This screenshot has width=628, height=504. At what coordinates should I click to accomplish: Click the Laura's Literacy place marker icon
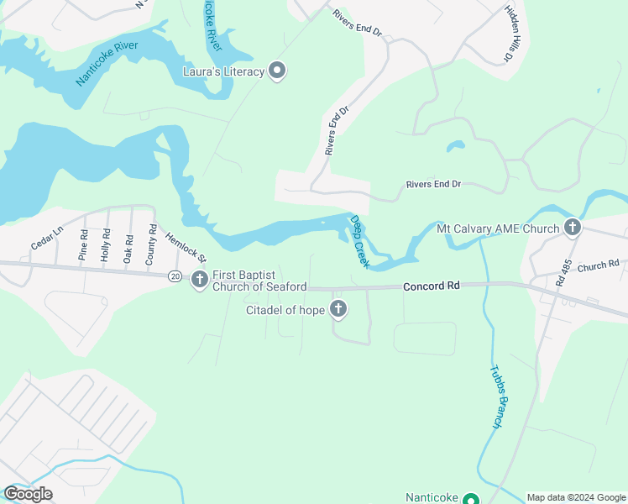coord(278,71)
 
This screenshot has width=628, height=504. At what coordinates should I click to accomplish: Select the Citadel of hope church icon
coord(338,310)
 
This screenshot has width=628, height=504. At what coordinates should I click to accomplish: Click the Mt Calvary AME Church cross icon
coord(573,227)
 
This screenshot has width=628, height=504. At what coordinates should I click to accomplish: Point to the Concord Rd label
coord(432,286)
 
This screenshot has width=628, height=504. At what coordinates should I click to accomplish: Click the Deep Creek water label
coord(359,241)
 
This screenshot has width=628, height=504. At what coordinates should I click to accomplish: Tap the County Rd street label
coord(151,244)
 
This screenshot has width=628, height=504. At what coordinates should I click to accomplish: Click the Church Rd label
coord(598,266)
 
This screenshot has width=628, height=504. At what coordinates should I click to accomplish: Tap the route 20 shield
coord(174,276)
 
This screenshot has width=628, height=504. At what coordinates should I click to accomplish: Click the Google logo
coord(29,494)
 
